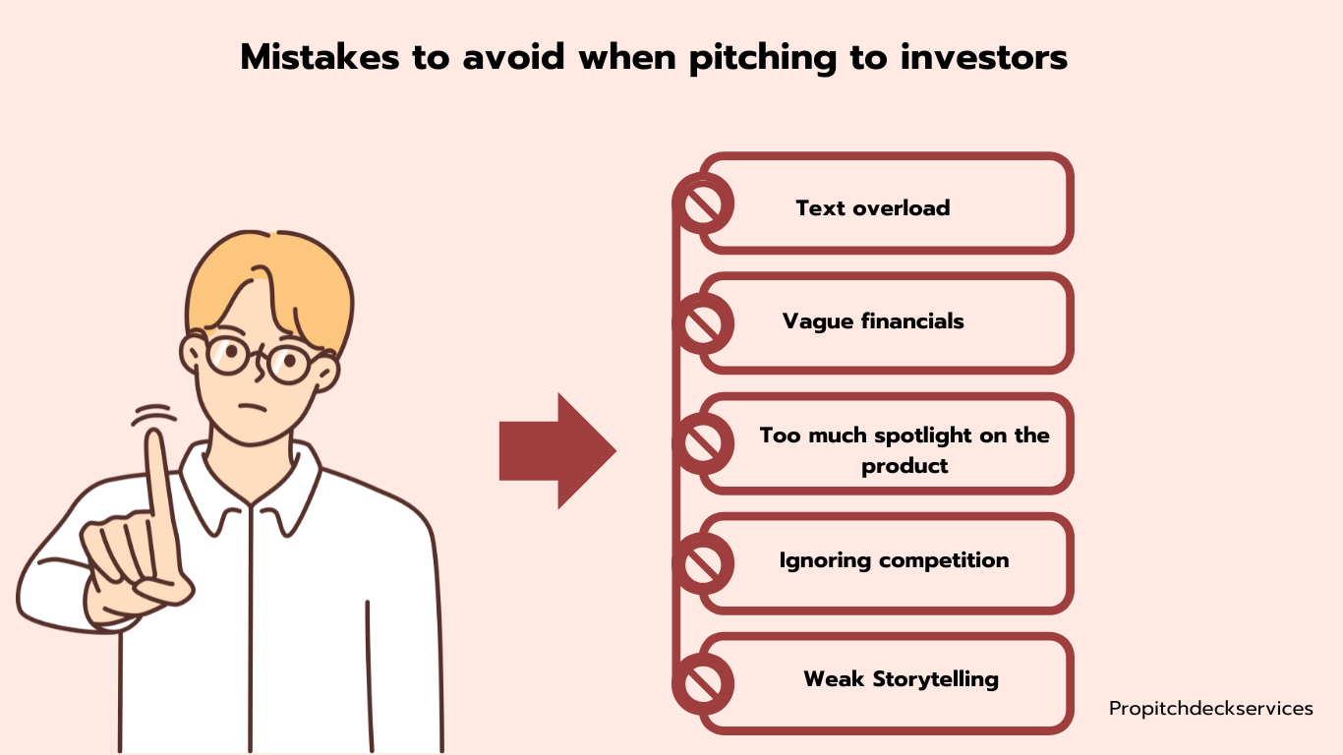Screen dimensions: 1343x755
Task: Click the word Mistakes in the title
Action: pyautogui.click(x=320, y=58)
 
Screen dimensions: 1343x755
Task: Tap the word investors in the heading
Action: pyautogui.click(x=984, y=58)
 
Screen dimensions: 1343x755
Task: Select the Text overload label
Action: pyautogui.click(x=872, y=208)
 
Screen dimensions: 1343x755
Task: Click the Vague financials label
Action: pyautogui.click(x=873, y=321)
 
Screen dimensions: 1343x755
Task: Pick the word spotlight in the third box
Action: pyautogui.click(x=923, y=436)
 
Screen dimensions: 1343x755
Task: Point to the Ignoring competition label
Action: pyautogui.click(x=894, y=560)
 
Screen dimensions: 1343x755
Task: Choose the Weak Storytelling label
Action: pyautogui.click(x=901, y=679)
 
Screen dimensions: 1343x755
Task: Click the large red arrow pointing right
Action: pyautogui.click(x=557, y=451)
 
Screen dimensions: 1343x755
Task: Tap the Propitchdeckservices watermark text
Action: pyautogui.click(x=1210, y=709)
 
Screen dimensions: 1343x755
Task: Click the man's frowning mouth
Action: pyautogui.click(x=253, y=408)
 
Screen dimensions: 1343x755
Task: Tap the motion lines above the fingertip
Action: pyautogui.click(x=154, y=415)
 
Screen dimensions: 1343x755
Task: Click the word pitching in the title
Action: pyautogui.click(x=763, y=59)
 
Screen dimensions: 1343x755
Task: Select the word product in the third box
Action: pyautogui.click(x=905, y=467)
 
